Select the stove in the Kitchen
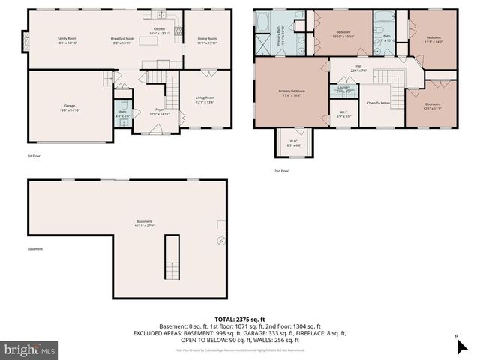[179, 31]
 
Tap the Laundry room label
[344, 89]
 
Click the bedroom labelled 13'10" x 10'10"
[343, 34]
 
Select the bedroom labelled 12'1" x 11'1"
[432, 106]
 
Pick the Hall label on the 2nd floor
[358, 67]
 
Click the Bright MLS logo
[30, 349]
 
